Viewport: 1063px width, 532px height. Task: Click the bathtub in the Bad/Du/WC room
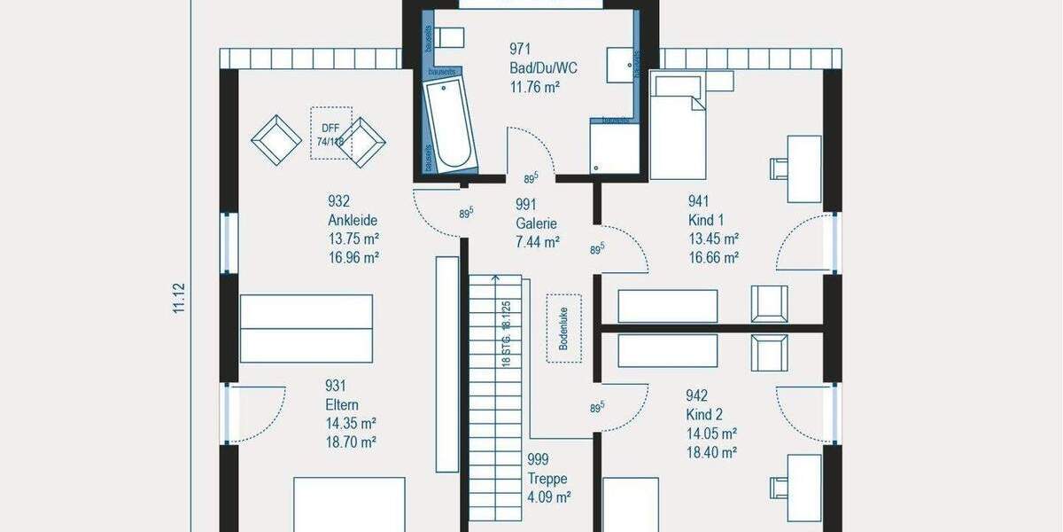450,125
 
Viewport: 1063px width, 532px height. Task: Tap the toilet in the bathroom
450,37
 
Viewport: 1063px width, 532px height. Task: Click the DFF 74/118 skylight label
330,134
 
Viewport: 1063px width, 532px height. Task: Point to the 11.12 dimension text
179,298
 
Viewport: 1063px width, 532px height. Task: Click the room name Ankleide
353,221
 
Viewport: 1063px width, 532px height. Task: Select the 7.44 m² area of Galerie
538,241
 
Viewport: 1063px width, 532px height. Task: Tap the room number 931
336,386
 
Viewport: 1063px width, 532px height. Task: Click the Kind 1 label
706,220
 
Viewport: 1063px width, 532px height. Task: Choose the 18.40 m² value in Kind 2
711,452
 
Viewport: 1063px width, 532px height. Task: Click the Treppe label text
547,478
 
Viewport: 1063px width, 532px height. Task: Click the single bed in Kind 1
679,127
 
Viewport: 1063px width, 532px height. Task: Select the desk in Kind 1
803,168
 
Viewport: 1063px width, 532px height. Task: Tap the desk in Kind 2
803,487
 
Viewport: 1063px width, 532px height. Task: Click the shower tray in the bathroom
615,148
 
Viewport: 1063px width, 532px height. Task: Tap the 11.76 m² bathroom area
534,86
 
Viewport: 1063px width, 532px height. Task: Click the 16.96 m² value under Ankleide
353,258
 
